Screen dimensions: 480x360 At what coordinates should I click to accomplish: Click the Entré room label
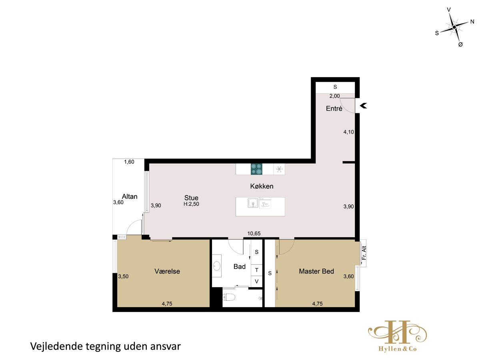tap(334, 108)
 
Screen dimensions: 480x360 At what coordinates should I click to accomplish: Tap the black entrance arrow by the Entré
tap(364, 106)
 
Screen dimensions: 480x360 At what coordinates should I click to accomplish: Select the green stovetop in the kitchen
tap(256, 169)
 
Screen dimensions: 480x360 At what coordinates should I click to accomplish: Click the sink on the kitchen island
tap(253, 203)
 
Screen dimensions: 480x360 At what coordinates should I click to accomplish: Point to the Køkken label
tap(262, 186)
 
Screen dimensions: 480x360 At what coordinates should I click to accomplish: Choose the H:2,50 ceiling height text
tap(191, 204)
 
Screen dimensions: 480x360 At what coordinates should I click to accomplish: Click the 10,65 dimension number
tap(254, 234)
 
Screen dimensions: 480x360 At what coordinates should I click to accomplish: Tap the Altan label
tap(130, 196)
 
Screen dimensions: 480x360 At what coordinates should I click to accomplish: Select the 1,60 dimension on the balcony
tap(129, 162)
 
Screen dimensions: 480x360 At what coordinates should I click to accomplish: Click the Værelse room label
tap(167, 271)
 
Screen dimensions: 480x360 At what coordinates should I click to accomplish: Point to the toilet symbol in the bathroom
tap(229, 297)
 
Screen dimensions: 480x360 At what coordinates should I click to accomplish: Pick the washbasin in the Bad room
tap(216, 266)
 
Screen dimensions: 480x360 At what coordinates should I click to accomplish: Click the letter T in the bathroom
tap(257, 270)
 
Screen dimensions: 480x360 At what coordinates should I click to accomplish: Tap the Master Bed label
tap(316, 271)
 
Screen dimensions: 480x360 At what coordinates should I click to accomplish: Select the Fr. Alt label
tap(364, 253)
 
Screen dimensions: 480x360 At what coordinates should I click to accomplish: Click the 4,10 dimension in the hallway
tap(348, 132)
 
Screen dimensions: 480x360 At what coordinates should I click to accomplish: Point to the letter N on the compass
tap(472, 22)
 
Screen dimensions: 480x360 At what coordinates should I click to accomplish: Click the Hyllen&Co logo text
tap(398, 349)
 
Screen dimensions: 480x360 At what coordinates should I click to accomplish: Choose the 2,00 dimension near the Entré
tap(334, 96)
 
